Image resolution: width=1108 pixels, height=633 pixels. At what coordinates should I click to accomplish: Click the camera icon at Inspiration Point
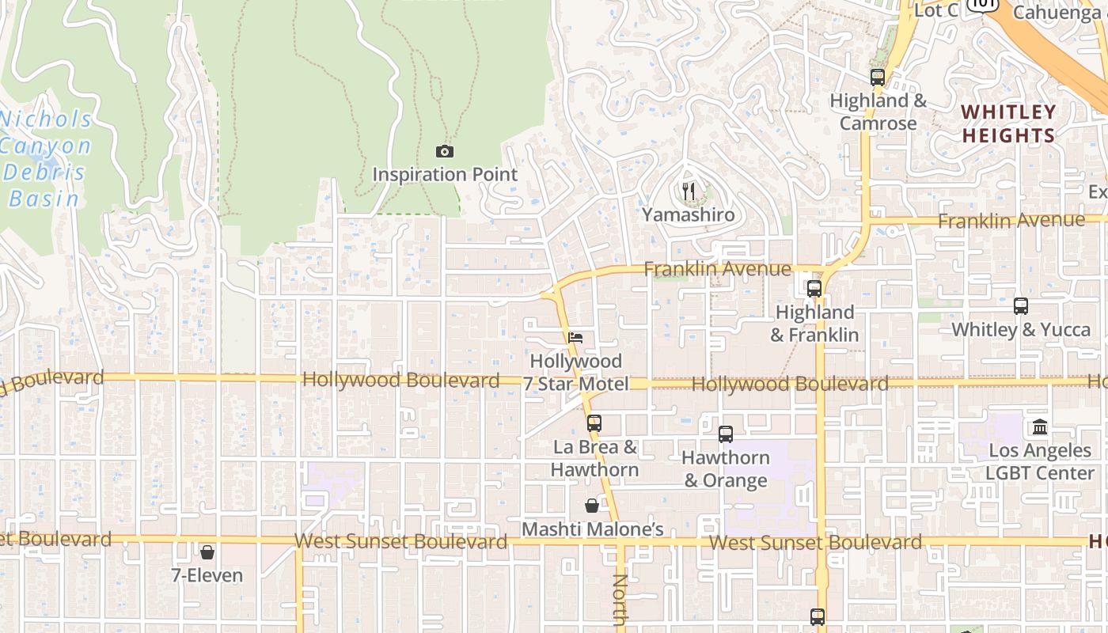445,151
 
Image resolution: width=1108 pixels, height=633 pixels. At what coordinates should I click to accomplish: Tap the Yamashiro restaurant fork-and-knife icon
689,191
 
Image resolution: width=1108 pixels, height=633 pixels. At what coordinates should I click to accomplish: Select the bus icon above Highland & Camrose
877,77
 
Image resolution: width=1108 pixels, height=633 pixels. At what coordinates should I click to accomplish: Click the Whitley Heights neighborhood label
1008,123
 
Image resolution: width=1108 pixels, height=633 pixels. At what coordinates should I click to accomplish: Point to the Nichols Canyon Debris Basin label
46,159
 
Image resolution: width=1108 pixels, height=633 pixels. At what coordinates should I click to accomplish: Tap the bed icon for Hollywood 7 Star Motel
575,337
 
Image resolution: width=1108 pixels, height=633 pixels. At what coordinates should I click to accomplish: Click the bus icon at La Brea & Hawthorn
594,423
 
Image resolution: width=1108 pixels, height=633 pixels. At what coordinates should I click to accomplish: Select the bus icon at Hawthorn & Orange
726,434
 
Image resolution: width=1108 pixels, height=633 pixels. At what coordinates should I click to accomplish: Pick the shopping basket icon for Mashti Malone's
592,506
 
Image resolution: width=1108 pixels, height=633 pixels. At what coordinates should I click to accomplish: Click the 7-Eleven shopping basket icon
207,552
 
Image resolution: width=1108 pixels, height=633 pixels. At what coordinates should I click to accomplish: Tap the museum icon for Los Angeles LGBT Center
1040,427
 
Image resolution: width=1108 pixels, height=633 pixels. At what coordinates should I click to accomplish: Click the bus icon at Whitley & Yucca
1021,305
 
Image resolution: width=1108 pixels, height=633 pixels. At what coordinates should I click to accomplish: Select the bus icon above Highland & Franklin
814,288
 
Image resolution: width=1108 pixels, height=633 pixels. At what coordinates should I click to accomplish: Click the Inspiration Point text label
445,175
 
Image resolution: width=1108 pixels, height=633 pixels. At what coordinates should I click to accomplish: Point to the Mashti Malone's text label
592,529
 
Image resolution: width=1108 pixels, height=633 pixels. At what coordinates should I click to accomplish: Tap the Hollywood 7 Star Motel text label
576,373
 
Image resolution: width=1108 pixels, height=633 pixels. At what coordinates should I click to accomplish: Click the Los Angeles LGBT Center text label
1040,462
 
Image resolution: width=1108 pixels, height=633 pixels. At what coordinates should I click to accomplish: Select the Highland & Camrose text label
878,112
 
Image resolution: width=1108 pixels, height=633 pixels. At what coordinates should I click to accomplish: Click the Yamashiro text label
688,214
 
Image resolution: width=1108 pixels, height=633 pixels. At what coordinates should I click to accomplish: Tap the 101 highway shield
985,4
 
